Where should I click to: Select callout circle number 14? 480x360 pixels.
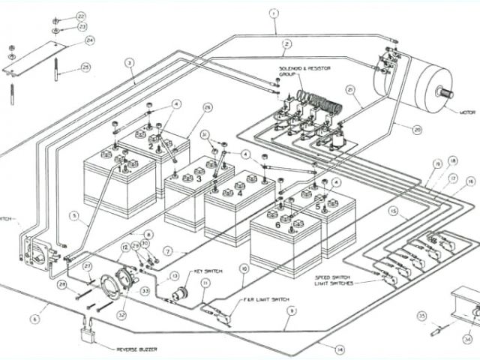(340, 349)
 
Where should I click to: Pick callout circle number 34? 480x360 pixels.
(468, 338)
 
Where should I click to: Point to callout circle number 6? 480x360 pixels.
(34, 319)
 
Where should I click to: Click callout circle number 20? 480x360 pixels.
(418, 128)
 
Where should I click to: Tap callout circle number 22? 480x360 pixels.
(81, 15)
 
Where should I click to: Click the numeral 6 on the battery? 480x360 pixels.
(278, 223)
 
